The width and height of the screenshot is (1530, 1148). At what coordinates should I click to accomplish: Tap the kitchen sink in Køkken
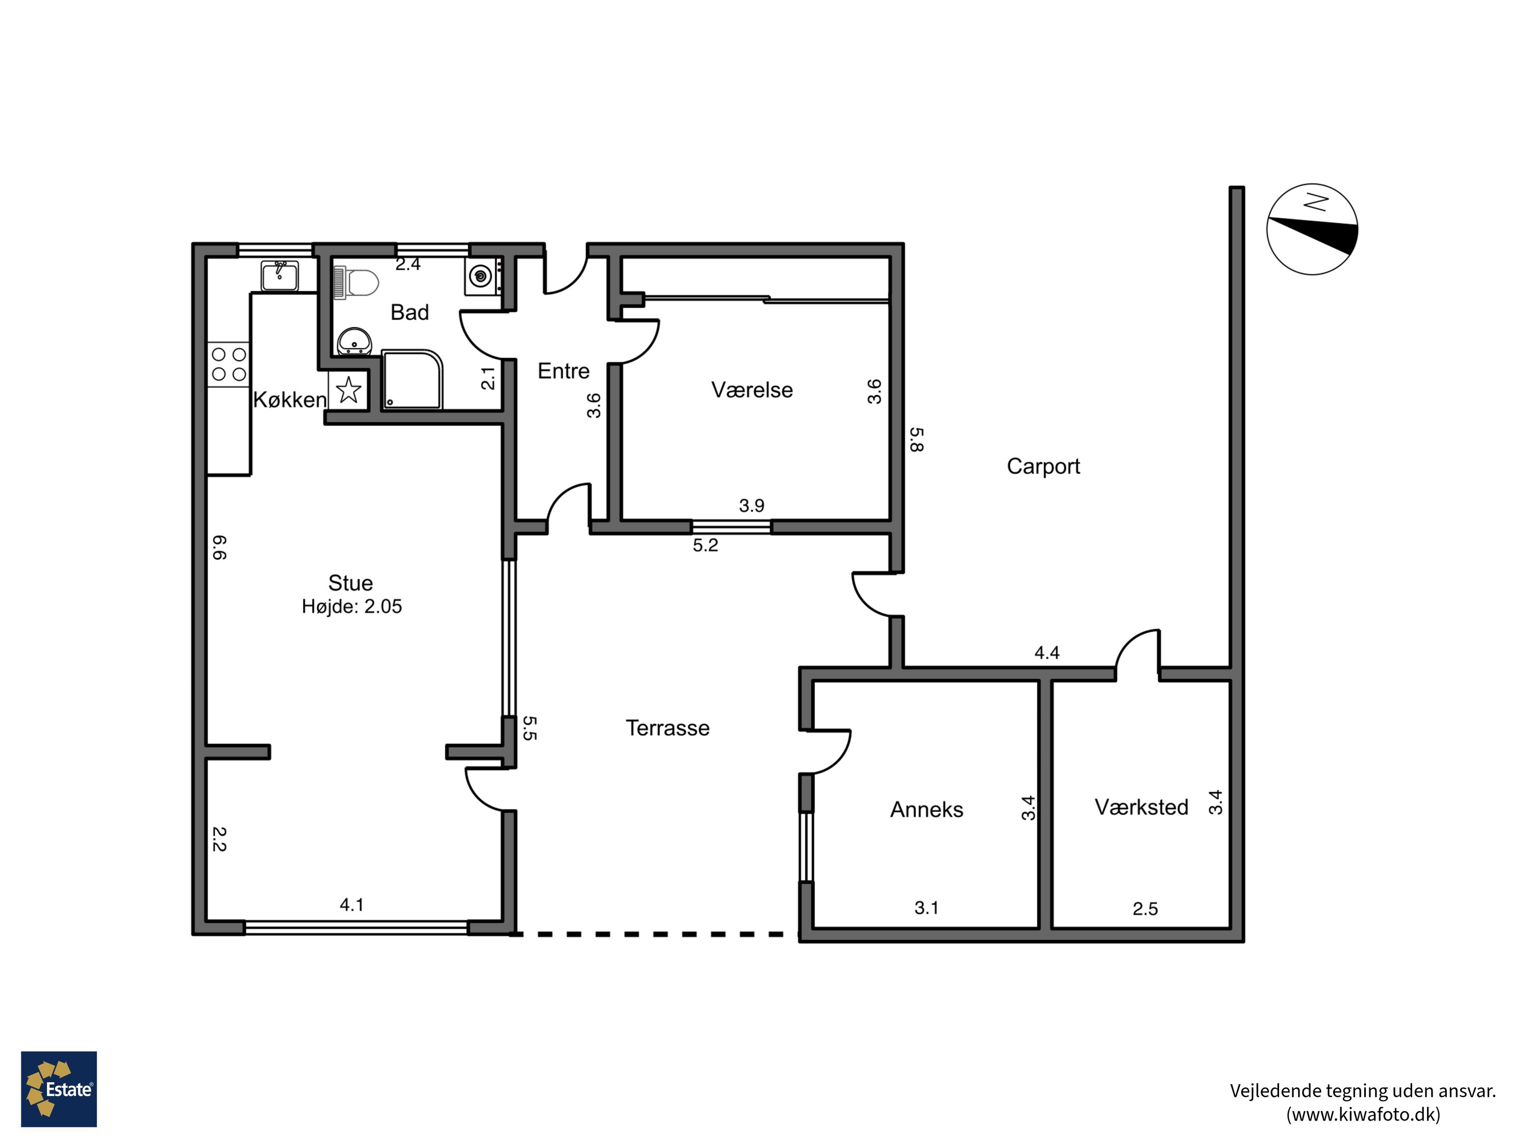coord(279,276)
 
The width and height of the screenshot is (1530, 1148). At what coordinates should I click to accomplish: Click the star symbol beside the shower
coord(349,390)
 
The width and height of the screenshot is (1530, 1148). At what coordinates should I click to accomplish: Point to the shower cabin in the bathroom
coord(412,380)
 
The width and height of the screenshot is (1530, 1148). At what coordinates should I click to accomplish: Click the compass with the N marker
coord(1312,229)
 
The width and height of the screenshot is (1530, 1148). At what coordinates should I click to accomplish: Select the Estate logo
coord(59,1089)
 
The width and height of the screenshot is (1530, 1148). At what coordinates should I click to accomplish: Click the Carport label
coord(1043,466)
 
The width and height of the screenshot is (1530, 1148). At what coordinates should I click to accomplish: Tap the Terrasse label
coord(668,728)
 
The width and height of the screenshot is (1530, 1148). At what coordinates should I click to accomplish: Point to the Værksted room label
coord(1141,807)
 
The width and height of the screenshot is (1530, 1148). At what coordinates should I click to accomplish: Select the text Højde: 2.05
coord(351,607)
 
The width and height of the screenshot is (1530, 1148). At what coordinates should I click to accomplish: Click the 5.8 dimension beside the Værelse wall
coord(916,439)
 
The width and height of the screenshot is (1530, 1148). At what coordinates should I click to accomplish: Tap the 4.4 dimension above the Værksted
coord(1047,653)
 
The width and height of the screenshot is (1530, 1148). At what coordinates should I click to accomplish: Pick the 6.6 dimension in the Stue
coord(219,547)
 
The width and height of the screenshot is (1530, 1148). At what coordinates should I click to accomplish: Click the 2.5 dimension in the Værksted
coord(1145,909)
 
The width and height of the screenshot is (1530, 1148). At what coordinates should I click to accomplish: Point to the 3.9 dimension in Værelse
coord(751,506)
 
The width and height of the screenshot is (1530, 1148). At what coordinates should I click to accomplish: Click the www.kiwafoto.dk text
coord(1363,1115)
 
